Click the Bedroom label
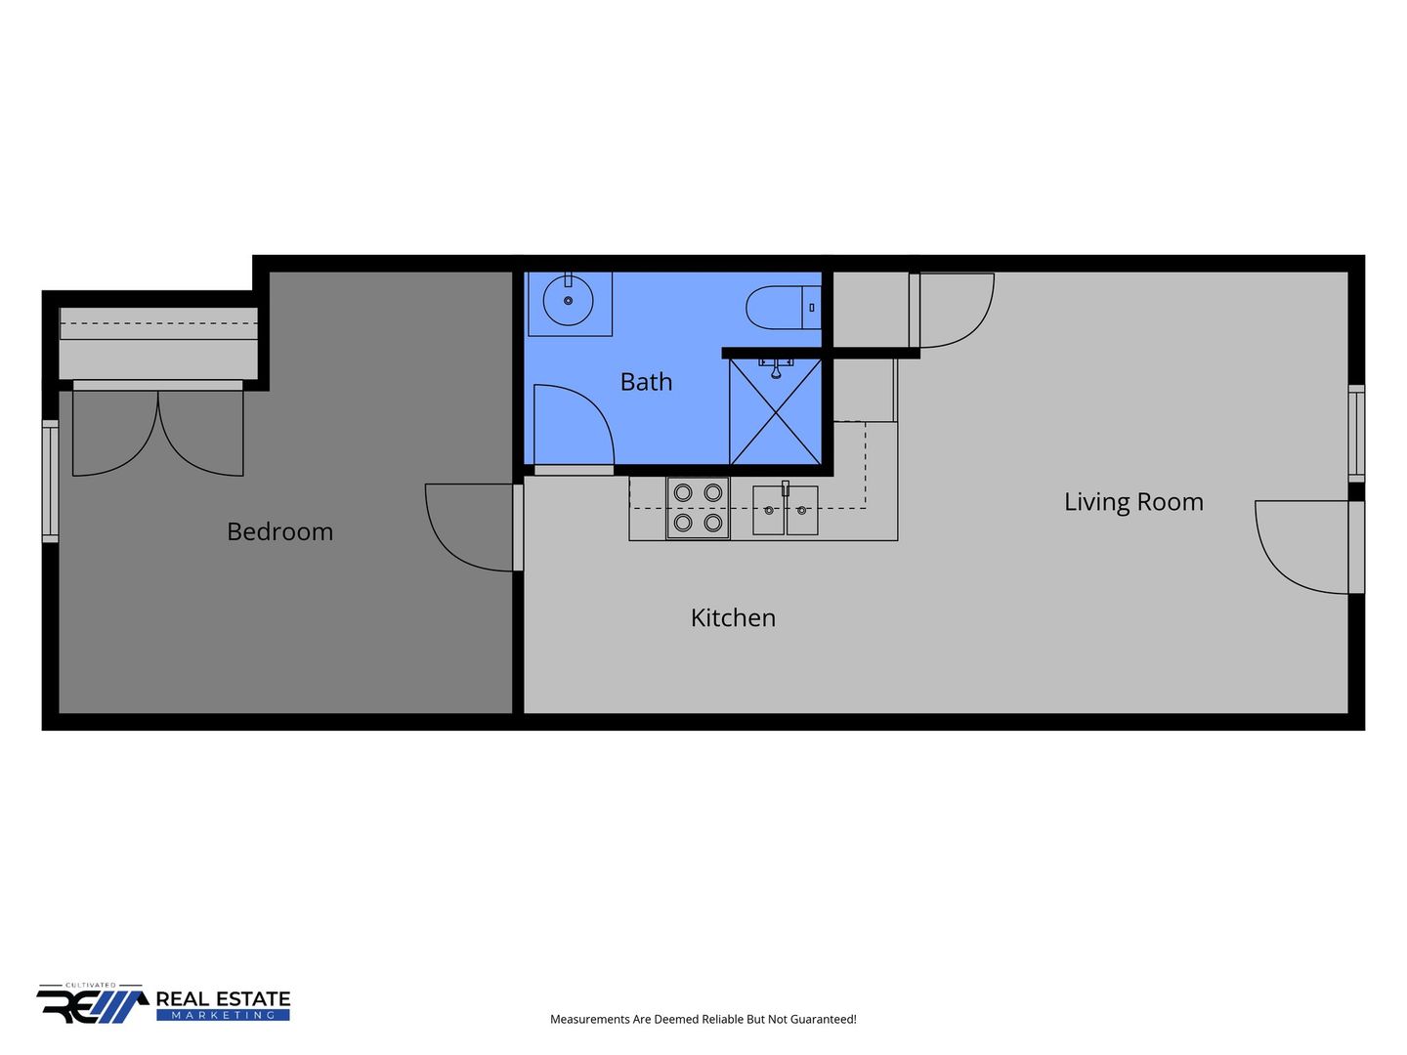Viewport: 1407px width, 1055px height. (x=279, y=531)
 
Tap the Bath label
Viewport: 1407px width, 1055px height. (x=646, y=382)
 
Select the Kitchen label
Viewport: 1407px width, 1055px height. (x=733, y=617)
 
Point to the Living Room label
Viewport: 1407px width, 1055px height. (x=1132, y=502)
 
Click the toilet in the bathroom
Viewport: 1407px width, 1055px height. (x=783, y=308)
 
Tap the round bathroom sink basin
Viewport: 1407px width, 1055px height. (x=568, y=301)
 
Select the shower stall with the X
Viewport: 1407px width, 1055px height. (x=775, y=411)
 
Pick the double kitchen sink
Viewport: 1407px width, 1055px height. (x=785, y=510)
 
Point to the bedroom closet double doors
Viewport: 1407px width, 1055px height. (x=157, y=434)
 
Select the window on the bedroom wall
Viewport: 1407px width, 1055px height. (x=51, y=481)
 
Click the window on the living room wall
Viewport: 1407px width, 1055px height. (x=1356, y=433)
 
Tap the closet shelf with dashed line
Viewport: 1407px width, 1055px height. (x=158, y=323)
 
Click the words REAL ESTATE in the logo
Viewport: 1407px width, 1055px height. (x=223, y=998)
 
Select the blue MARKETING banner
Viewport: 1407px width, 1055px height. (x=223, y=1015)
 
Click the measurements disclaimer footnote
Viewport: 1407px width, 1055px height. (x=703, y=1019)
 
